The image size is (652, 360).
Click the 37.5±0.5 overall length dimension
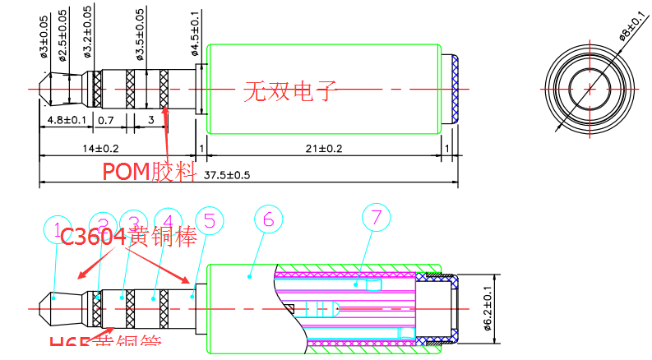tap(227, 175)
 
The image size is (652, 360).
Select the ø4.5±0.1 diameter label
tap(196, 33)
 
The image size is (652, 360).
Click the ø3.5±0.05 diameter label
tap(139, 33)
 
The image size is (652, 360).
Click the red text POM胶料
tap(148, 171)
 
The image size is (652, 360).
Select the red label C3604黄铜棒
tap(129, 237)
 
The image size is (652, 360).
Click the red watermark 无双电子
tap(290, 89)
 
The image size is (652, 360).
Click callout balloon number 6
tap(268, 219)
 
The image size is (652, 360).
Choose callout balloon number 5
tap(210, 220)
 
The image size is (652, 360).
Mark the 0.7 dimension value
tap(106, 120)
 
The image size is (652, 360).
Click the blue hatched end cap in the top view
tap(453, 88)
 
